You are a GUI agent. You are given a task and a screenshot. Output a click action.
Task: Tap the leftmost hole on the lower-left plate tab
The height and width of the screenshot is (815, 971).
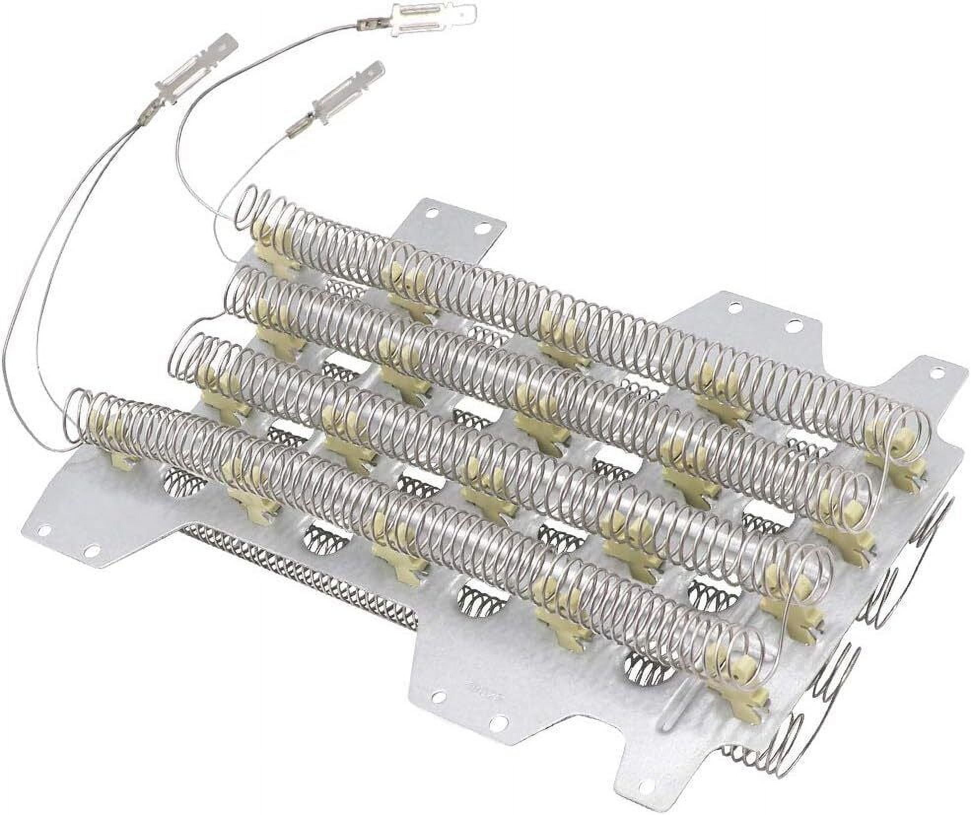[45, 530]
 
